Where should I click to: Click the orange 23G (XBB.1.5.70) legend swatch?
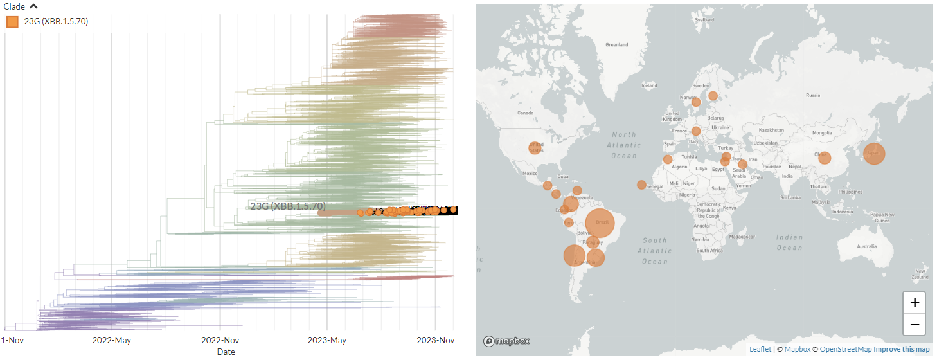pos(12,22)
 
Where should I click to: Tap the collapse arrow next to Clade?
pos(34,7)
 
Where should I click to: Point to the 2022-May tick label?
pos(112,340)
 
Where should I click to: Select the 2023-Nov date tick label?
pos(436,340)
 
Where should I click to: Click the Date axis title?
pos(226,352)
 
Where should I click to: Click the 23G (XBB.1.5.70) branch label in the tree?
pos(288,206)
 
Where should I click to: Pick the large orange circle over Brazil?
pos(599,223)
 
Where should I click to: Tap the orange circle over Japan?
pos(874,154)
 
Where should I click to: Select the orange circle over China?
pos(825,157)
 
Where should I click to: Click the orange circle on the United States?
pos(535,148)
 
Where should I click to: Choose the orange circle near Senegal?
pos(641,184)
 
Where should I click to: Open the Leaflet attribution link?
pos(760,349)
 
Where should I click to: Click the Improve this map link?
pos(902,349)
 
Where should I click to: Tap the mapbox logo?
pos(506,341)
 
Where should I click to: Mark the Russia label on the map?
pos(813,95)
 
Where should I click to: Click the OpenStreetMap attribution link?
pos(845,349)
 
